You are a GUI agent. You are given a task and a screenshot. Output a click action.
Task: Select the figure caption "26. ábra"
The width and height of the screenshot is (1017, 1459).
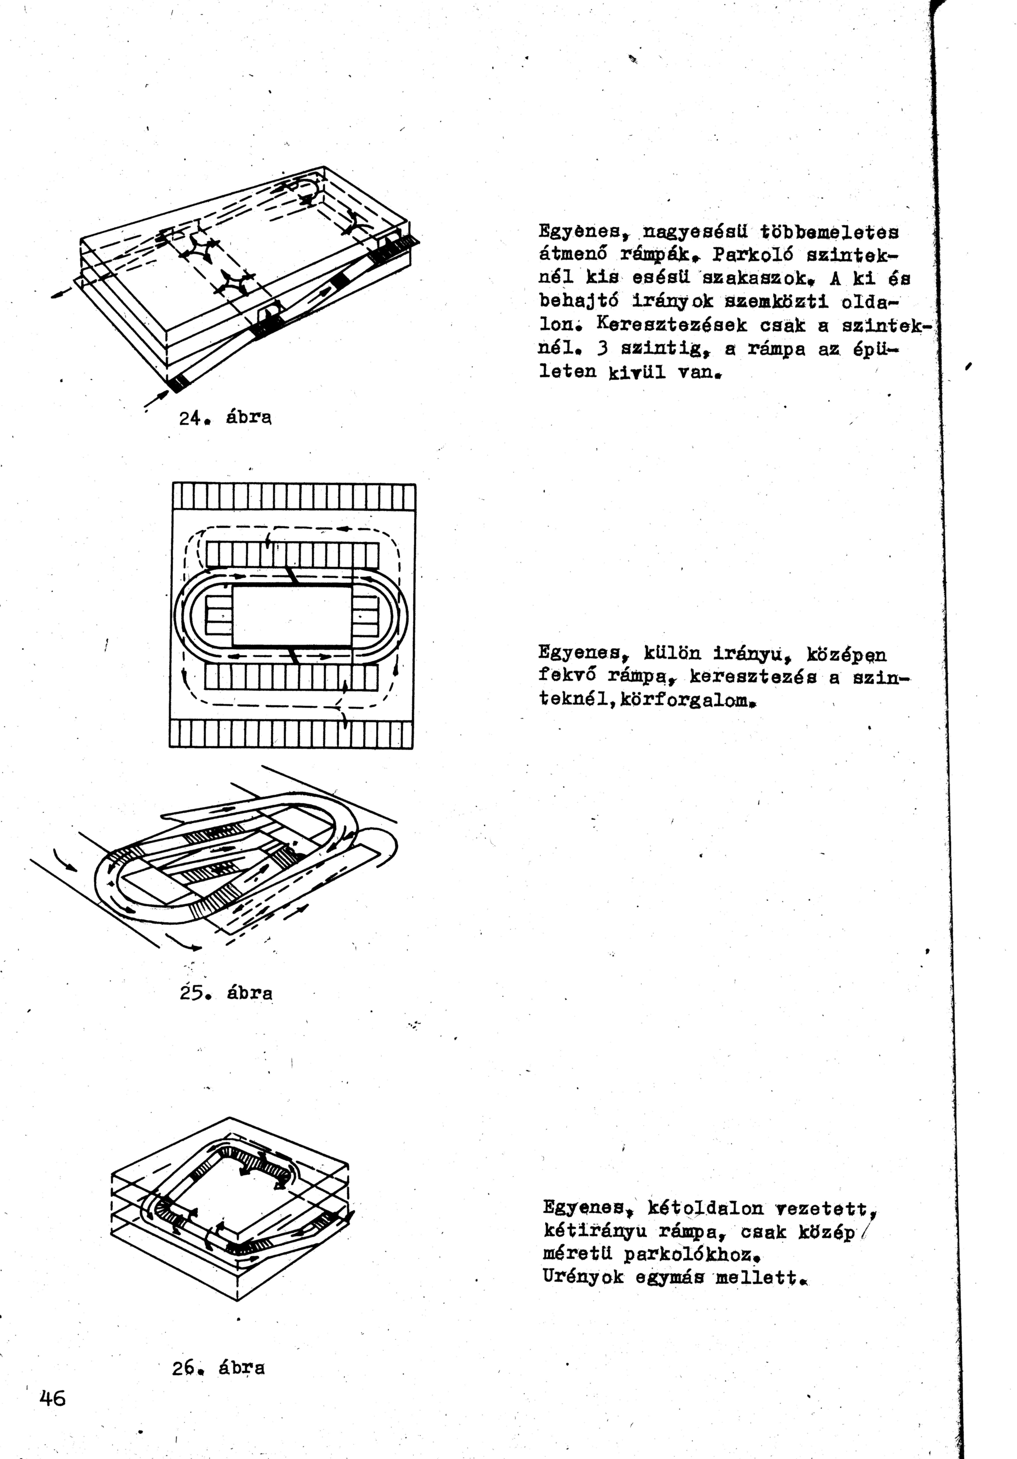[218, 1367]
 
